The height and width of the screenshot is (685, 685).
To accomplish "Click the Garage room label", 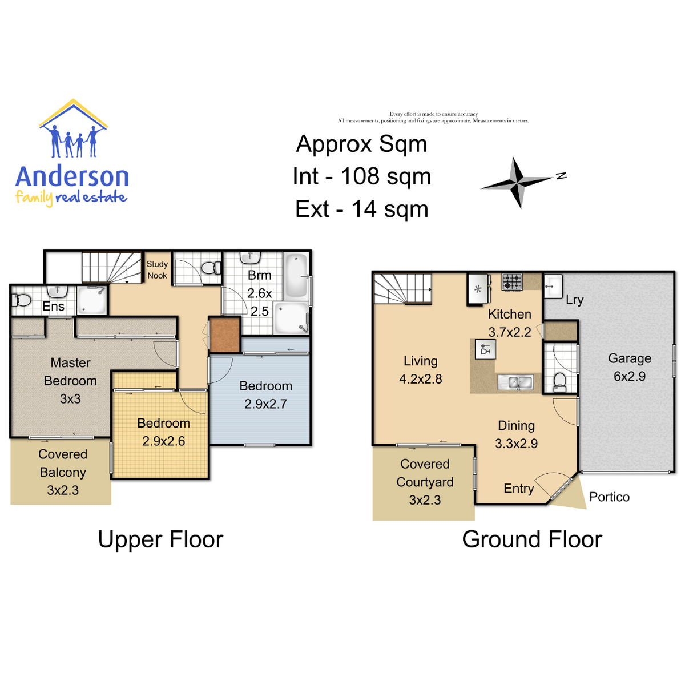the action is coord(630,358).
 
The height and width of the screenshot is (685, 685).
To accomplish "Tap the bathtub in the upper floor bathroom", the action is coord(296,275).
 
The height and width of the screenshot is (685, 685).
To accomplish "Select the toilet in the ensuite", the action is coord(21,300).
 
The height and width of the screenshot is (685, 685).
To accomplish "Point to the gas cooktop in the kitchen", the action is coord(512,282).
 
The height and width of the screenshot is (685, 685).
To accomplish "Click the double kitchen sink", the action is coord(515,383).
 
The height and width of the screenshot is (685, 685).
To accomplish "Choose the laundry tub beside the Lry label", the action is coord(553,286).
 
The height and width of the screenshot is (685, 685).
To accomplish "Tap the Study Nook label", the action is coord(157,270).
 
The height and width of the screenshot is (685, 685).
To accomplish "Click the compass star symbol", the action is coord(519,182).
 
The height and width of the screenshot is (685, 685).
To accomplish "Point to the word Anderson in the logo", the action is coord(72,176).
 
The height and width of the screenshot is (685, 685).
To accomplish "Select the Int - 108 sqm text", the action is coord(362,176).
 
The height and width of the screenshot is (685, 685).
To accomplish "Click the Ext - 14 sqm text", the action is coord(362,209).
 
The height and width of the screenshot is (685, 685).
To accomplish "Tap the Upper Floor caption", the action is coord(160,539).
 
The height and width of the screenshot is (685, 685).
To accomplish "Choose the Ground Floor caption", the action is coord(532,539).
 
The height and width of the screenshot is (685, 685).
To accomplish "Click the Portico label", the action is coord(609,497).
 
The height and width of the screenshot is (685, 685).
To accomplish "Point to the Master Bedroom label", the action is coord(70,372).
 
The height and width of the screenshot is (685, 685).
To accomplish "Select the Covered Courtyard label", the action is coord(425,473).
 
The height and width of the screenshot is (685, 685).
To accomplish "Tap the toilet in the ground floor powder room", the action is coord(559,382).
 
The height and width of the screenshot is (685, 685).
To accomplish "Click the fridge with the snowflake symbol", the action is coord(478,289).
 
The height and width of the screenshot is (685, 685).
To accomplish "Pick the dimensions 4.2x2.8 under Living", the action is coord(421,379).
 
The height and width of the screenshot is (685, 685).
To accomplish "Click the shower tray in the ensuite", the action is coord(92,300).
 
